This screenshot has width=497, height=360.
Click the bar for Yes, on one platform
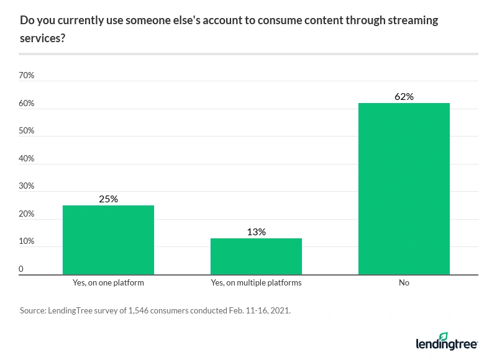108,240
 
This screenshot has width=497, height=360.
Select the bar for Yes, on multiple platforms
256,256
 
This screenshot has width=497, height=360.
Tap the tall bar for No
404,189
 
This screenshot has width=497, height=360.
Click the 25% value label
108,199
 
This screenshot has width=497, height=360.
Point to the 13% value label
256,232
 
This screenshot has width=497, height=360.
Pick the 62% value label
404,97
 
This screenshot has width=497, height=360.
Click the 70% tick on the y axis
27,76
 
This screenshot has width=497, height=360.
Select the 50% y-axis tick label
27,131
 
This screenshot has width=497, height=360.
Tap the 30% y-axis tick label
27,186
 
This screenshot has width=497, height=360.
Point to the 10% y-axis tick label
27,241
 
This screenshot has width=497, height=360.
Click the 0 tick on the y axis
22,269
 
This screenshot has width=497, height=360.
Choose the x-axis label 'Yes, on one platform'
108,283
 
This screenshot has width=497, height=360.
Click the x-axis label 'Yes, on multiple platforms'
256,283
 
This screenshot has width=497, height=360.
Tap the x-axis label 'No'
404,283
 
